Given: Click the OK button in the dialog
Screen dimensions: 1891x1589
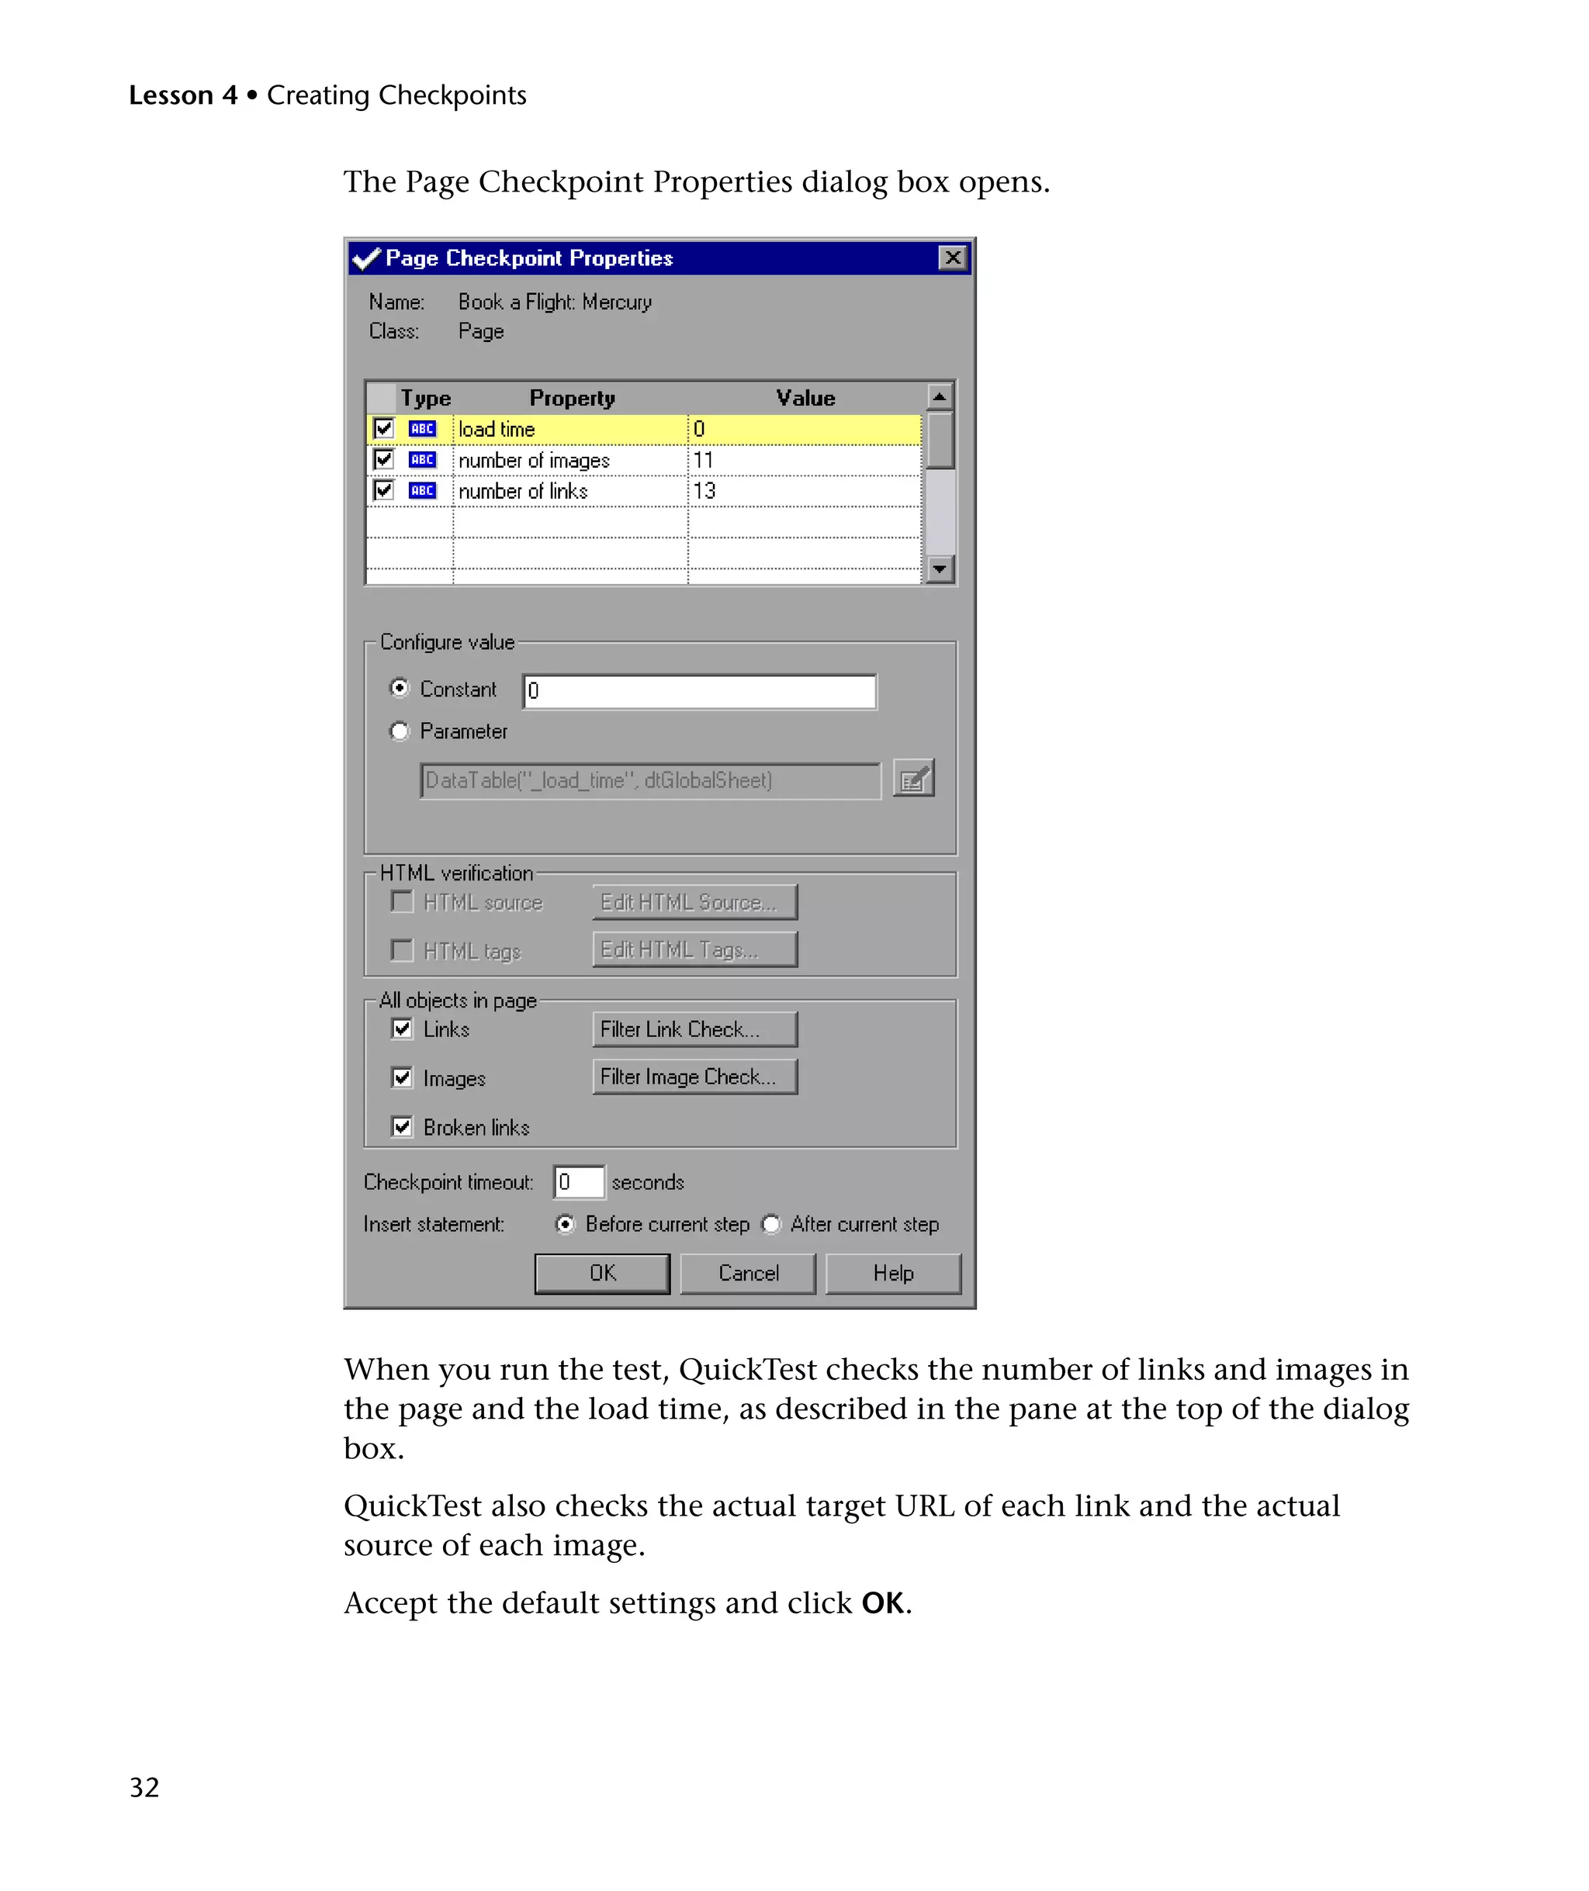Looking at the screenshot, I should tap(602, 1274).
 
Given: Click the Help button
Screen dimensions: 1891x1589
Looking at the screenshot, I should tap(893, 1274).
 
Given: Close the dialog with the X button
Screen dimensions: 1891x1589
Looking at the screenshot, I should tap(952, 258).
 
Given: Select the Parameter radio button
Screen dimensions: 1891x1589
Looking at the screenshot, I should tap(400, 731).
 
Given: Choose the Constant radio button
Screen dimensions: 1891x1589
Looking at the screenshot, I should tap(400, 688).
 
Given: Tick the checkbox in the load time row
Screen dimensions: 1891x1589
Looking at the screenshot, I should tap(384, 429).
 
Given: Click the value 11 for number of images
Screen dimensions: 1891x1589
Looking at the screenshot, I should tap(704, 460).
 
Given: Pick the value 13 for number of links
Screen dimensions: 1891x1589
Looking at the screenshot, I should tap(704, 491).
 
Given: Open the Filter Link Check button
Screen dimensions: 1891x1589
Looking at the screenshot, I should tap(694, 1029).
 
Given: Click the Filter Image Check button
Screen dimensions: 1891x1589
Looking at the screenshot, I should tap(694, 1077).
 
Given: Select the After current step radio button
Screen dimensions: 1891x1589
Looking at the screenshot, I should tap(771, 1225).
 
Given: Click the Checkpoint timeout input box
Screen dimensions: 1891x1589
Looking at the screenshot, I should tap(578, 1182).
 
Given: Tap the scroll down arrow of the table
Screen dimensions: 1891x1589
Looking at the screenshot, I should tap(940, 569).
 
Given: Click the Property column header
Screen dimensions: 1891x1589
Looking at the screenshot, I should tap(572, 398).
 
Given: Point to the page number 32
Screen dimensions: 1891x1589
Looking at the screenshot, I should tap(144, 1787).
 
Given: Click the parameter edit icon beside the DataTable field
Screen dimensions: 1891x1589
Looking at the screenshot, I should tap(913, 780).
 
